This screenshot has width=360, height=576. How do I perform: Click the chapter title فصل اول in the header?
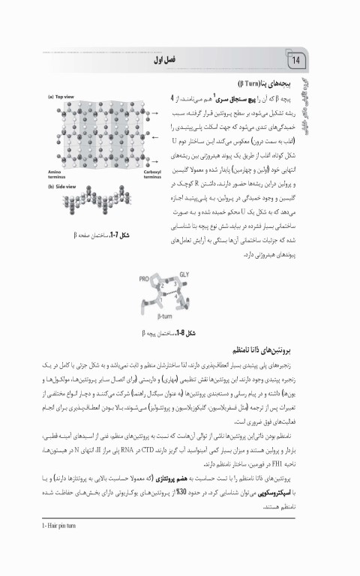163,59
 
